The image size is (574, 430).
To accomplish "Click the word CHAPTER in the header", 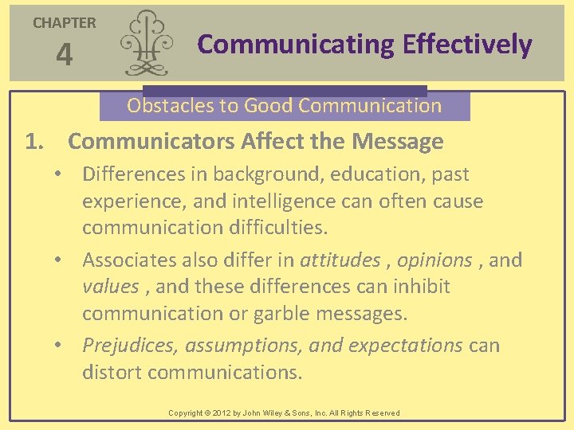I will point(64,23).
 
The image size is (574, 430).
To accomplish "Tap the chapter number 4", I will point(64,55).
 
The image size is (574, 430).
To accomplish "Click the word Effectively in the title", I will point(467,45).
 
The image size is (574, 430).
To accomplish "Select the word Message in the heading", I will point(397,142).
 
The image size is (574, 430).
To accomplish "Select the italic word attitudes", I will point(340,260).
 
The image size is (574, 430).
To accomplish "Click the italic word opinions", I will point(434,260).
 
